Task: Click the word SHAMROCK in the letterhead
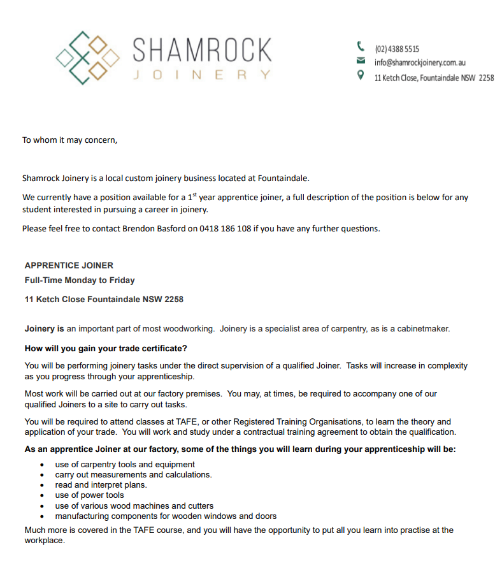pyautogui.click(x=202, y=50)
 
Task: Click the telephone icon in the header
pyautogui.click(x=361, y=46)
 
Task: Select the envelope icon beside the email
pyautogui.click(x=361, y=61)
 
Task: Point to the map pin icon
pyautogui.click(x=361, y=76)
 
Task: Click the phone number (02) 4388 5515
pyautogui.click(x=397, y=49)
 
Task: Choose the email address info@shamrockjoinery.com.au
pyautogui.click(x=420, y=62)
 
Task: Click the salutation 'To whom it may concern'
pyautogui.click(x=70, y=140)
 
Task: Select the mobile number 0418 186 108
pyautogui.click(x=226, y=228)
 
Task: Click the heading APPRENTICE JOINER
pyautogui.click(x=69, y=265)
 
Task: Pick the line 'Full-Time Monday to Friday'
pyautogui.click(x=80, y=280)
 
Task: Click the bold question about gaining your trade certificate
pyautogui.click(x=106, y=348)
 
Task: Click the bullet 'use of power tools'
pyautogui.click(x=90, y=495)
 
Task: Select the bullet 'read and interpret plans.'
pyautogui.click(x=101, y=484)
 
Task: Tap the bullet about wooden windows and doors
pyautogui.click(x=166, y=516)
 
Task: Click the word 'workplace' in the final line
pyautogui.click(x=44, y=540)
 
